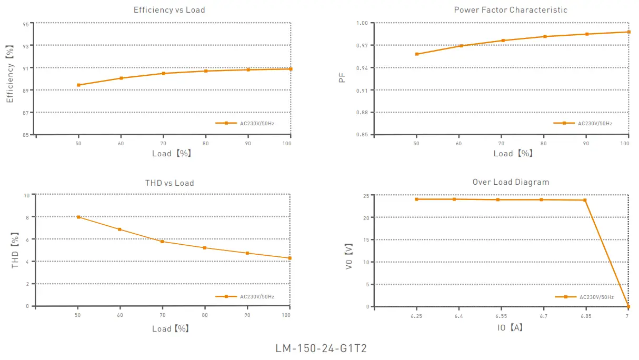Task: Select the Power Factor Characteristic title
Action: coord(511,10)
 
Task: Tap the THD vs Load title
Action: coord(169,183)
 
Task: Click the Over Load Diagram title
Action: coord(511,182)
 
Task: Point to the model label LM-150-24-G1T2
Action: coord(321,349)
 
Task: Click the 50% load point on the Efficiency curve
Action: coord(78,85)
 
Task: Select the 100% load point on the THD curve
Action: coord(289,258)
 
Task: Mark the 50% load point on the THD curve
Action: coord(78,217)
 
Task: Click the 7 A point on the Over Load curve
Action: coord(628,306)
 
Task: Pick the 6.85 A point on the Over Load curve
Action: coord(585,200)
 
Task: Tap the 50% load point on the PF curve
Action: coord(417,54)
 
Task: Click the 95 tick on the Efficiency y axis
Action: coord(26,24)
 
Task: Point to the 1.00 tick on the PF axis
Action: coord(362,23)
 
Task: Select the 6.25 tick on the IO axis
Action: coord(416,316)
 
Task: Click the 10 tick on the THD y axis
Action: coord(26,195)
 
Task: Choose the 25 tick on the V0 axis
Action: coord(364,196)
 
